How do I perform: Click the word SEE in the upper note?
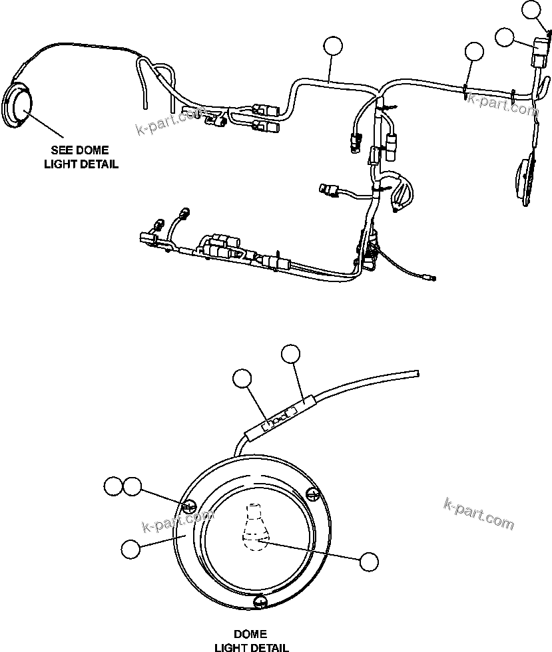click(64, 150)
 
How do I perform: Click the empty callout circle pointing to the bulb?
click(368, 561)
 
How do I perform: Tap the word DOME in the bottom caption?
click(250, 634)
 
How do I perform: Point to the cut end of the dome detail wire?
click(417, 374)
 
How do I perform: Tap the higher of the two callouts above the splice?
click(291, 355)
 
